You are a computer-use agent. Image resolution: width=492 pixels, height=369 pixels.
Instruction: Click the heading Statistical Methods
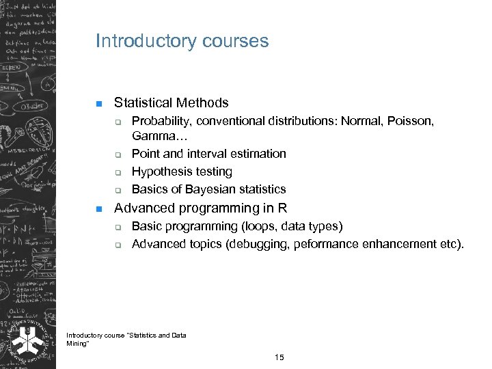pyautogui.click(x=171, y=103)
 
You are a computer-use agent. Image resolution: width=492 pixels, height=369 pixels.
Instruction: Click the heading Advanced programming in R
pyautogui.click(x=200, y=208)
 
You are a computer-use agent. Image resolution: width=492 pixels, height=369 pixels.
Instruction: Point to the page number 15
pyautogui.click(x=279, y=357)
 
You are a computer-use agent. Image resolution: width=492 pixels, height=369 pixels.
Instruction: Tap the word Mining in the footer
pyautogui.click(x=77, y=343)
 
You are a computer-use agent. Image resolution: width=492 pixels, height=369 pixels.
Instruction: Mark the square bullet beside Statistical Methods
pyautogui.click(x=98, y=104)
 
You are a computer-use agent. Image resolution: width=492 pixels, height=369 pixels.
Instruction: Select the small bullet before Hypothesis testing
pyautogui.click(x=118, y=172)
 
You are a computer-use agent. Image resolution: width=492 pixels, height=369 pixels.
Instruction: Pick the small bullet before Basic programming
pyautogui.click(x=118, y=227)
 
